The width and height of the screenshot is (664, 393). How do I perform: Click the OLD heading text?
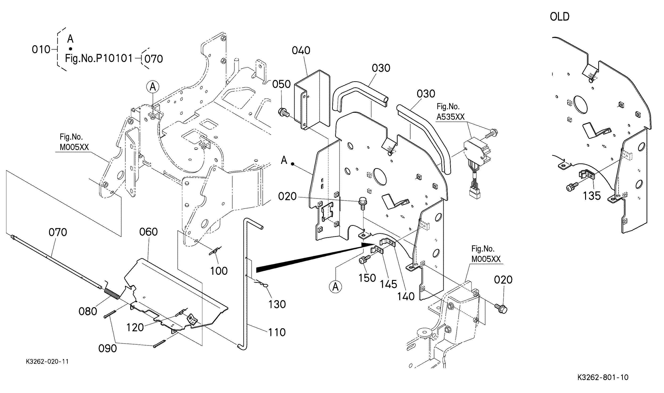(x=559, y=17)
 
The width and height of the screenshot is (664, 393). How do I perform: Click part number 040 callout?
(x=301, y=50)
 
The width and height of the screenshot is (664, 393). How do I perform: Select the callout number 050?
(x=281, y=84)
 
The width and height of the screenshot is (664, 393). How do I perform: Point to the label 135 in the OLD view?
(x=592, y=196)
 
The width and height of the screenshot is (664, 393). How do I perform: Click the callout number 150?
(x=367, y=278)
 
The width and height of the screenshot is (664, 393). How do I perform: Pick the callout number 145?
(x=389, y=284)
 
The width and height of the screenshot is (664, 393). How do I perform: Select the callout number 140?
(x=406, y=296)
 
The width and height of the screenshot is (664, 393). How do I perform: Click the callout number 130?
(x=277, y=304)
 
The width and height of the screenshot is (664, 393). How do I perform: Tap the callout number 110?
(x=277, y=332)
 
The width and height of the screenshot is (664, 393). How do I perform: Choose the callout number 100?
(x=219, y=271)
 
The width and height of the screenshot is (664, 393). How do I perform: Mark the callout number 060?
(x=148, y=232)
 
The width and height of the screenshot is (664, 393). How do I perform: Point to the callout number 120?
(x=135, y=328)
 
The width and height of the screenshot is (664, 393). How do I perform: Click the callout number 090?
(x=108, y=348)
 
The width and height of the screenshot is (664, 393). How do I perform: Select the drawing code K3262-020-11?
(x=47, y=362)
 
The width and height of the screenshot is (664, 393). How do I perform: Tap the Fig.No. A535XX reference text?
(x=450, y=112)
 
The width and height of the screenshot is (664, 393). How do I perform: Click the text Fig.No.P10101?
(x=98, y=58)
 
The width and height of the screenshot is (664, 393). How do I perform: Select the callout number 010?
(x=41, y=49)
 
